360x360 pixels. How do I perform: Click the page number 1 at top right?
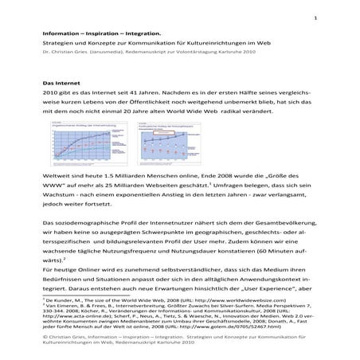point(316,18)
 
